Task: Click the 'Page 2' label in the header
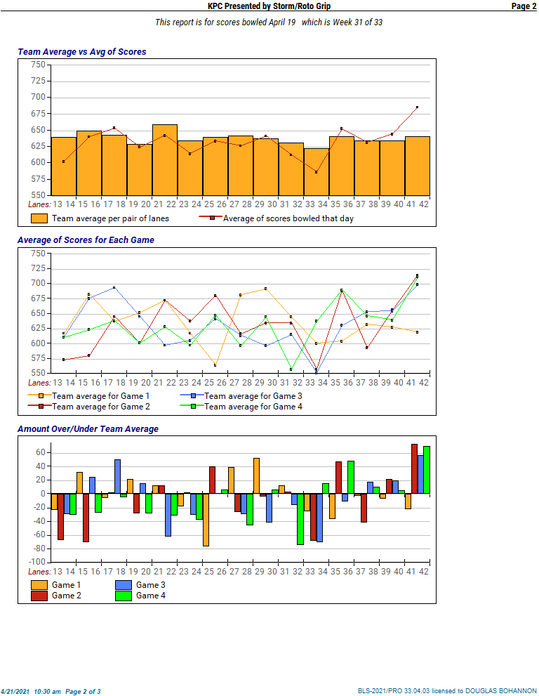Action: [524, 6]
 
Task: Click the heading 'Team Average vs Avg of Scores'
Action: [81, 52]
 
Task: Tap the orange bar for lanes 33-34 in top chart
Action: [317, 171]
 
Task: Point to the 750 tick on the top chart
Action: [38, 65]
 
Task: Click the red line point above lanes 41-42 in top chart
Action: [417, 107]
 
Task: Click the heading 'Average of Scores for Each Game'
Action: [86, 240]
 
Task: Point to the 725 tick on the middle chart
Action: [38, 268]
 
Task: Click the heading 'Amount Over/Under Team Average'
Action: [88, 429]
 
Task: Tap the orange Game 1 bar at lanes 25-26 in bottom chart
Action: [206, 520]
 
